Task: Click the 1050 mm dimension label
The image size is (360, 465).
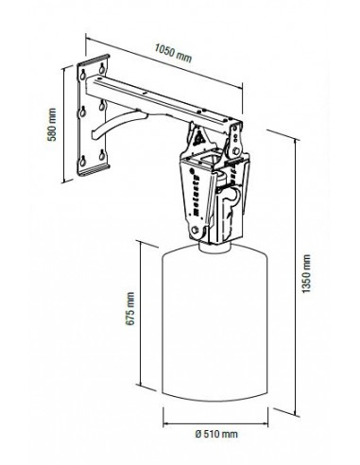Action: [173, 53]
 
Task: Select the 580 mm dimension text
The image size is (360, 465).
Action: [52, 125]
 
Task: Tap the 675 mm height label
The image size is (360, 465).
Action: [129, 308]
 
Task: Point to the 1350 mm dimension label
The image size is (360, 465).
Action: [306, 273]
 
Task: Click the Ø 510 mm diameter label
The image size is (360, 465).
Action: [216, 434]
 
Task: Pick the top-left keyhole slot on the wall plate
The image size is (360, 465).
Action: [83, 75]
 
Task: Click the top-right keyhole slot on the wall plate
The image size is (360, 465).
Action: [102, 68]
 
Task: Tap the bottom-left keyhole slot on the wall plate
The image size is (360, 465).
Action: [83, 161]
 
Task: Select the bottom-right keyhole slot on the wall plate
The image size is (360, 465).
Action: [102, 154]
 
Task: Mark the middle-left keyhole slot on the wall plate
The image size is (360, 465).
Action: [83, 112]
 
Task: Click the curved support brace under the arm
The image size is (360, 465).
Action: [117, 123]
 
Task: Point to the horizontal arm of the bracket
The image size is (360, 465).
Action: [161, 102]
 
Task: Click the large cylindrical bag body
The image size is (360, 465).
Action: [214, 322]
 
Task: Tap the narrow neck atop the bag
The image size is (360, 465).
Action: [215, 247]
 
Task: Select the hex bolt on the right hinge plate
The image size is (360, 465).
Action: [235, 152]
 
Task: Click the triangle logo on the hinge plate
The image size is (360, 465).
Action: [198, 139]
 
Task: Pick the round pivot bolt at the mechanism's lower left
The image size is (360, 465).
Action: [195, 230]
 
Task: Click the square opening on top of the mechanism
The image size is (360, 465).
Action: [209, 158]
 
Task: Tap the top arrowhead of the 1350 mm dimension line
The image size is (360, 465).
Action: [296, 141]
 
